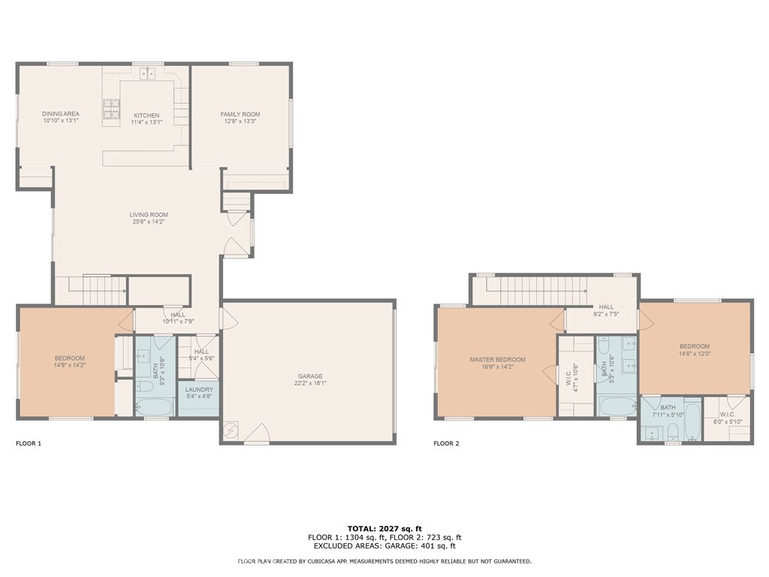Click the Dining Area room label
pyautogui.click(x=61, y=114)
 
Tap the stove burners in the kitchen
pyautogui.click(x=111, y=110)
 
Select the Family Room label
pyautogui.click(x=240, y=114)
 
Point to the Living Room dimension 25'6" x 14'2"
pyautogui.click(x=148, y=222)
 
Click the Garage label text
pyautogui.click(x=309, y=376)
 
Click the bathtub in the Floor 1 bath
pyautogui.click(x=154, y=406)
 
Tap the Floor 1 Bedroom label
pyautogui.click(x=69, y=358)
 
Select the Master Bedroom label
pyautogui.click(x=497, y=360)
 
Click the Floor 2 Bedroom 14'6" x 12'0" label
pyautogui.click(x=695, y=346)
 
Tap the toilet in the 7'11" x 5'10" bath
pyautogui.click(x=673, y=431)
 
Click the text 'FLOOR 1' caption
pyautogui.click(x=29, y=444)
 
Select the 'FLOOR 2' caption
pyautogui.click(x=446, y=444)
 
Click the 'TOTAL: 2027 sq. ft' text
pyautogui.click(x=384, y=528)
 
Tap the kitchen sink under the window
pyautogui.click(x=148, y=73)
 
